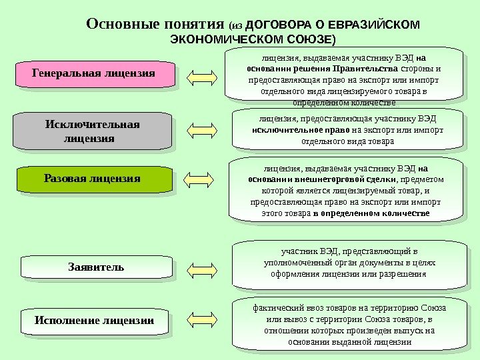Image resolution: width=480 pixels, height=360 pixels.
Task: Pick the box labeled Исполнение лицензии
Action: [x=94, y=321]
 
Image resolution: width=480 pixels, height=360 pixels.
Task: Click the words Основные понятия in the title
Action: [x=156, y=25]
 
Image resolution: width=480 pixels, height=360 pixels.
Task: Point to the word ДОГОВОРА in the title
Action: [x=279, y=26]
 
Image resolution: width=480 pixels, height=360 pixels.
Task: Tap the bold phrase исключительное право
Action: [x=300, y=130]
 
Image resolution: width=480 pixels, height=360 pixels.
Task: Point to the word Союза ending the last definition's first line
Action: [x=433, y=308]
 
